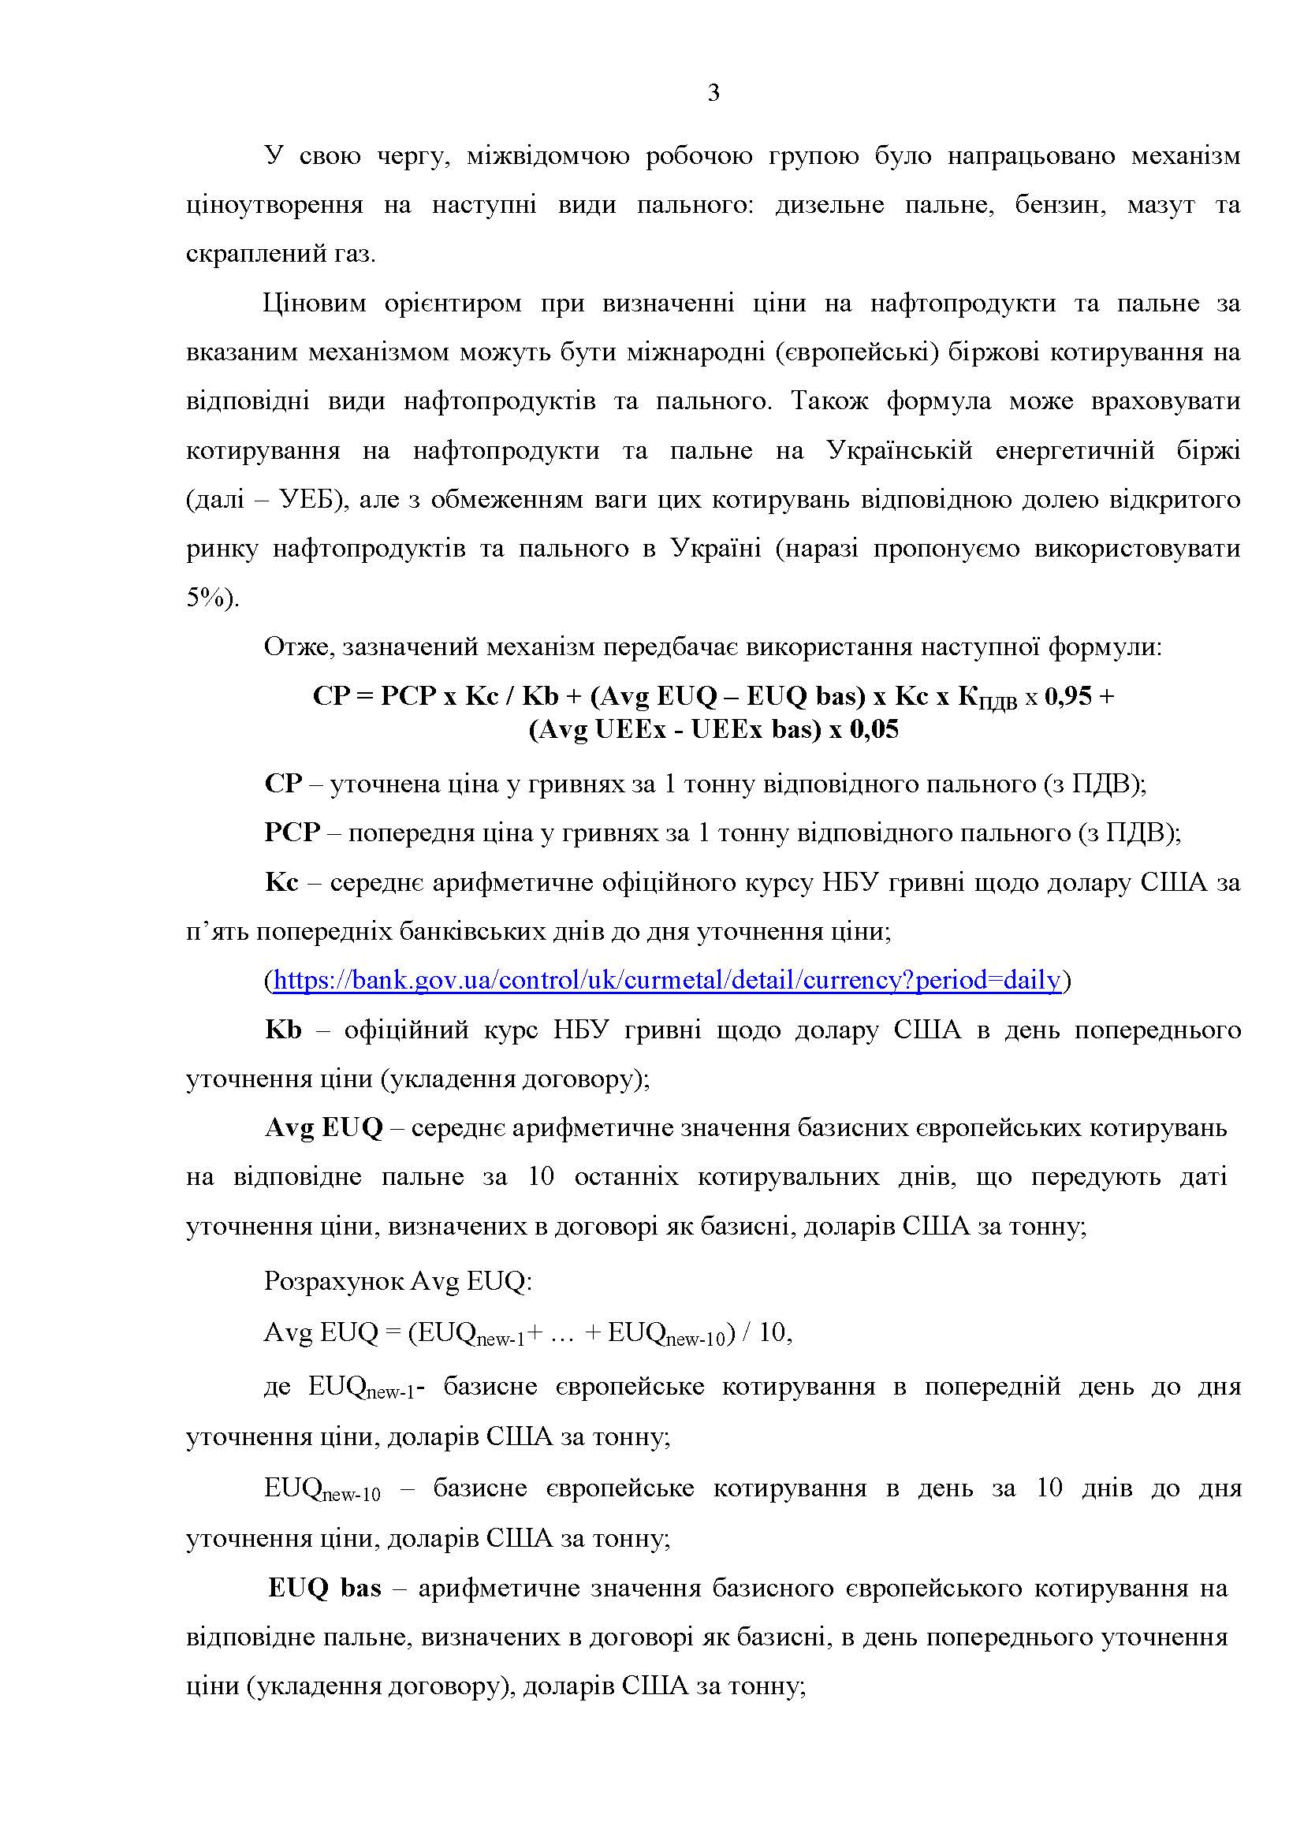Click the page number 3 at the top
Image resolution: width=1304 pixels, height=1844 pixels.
(x=713, y=94)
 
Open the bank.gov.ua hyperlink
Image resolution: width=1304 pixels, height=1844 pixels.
(x=666, y=981)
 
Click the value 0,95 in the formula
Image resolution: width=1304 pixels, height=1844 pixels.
(x=1068, y=696)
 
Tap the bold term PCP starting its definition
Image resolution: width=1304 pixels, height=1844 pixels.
(x=292, y=833)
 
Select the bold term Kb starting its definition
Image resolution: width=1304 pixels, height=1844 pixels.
(x=284, y=1030)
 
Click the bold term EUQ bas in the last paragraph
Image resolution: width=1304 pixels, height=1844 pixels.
(x=325, y=1589)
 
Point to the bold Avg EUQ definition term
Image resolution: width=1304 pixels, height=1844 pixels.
(x=324, y=1128)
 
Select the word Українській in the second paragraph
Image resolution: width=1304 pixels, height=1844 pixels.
(x=900, y=451)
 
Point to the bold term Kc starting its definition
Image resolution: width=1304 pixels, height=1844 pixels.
(x=281, y=883)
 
